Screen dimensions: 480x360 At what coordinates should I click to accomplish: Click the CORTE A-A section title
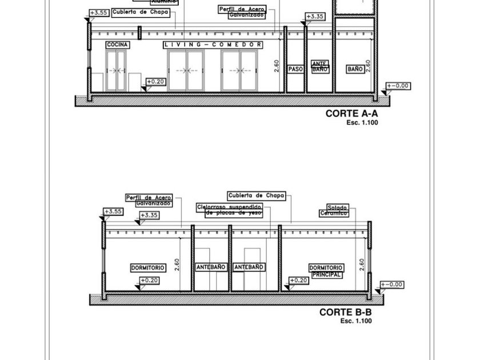(x=351, y=113)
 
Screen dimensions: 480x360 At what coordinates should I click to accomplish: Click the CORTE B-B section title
(x=345, y=312)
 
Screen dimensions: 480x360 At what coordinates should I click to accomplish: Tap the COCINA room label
(x=118, y=45)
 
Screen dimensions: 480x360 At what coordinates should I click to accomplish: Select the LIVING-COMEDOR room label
(x=213, y=45)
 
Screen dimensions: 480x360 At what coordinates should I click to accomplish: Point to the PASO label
(x=295, y=69)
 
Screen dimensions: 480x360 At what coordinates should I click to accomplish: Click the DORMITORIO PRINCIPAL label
(x=326, y=271)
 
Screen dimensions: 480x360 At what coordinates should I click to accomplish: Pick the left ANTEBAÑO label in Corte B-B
(x=211, y=267)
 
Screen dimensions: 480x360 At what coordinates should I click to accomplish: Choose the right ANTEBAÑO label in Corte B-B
(x=249, y=267)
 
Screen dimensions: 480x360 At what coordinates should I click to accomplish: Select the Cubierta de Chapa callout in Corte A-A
(x=141, y=12)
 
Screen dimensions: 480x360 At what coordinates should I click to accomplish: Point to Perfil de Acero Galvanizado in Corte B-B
(x=149, y=201)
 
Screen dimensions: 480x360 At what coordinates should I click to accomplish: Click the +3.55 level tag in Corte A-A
(x=99, y=13)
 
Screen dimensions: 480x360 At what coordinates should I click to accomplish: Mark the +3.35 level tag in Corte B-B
(x=149, y=215)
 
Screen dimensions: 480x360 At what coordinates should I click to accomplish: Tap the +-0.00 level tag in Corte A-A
(x=398, y=86)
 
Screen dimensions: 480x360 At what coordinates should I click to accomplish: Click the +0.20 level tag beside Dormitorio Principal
(x=299, y=281)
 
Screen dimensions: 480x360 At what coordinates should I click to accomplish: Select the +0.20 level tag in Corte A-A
(x=155, y=82)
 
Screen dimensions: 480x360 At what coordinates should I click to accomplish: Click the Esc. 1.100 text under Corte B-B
(x=356, y=321)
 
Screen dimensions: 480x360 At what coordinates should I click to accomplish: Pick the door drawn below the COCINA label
(x=116, y=70)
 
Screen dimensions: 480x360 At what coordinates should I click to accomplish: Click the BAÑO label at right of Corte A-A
(x=355, y=69)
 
